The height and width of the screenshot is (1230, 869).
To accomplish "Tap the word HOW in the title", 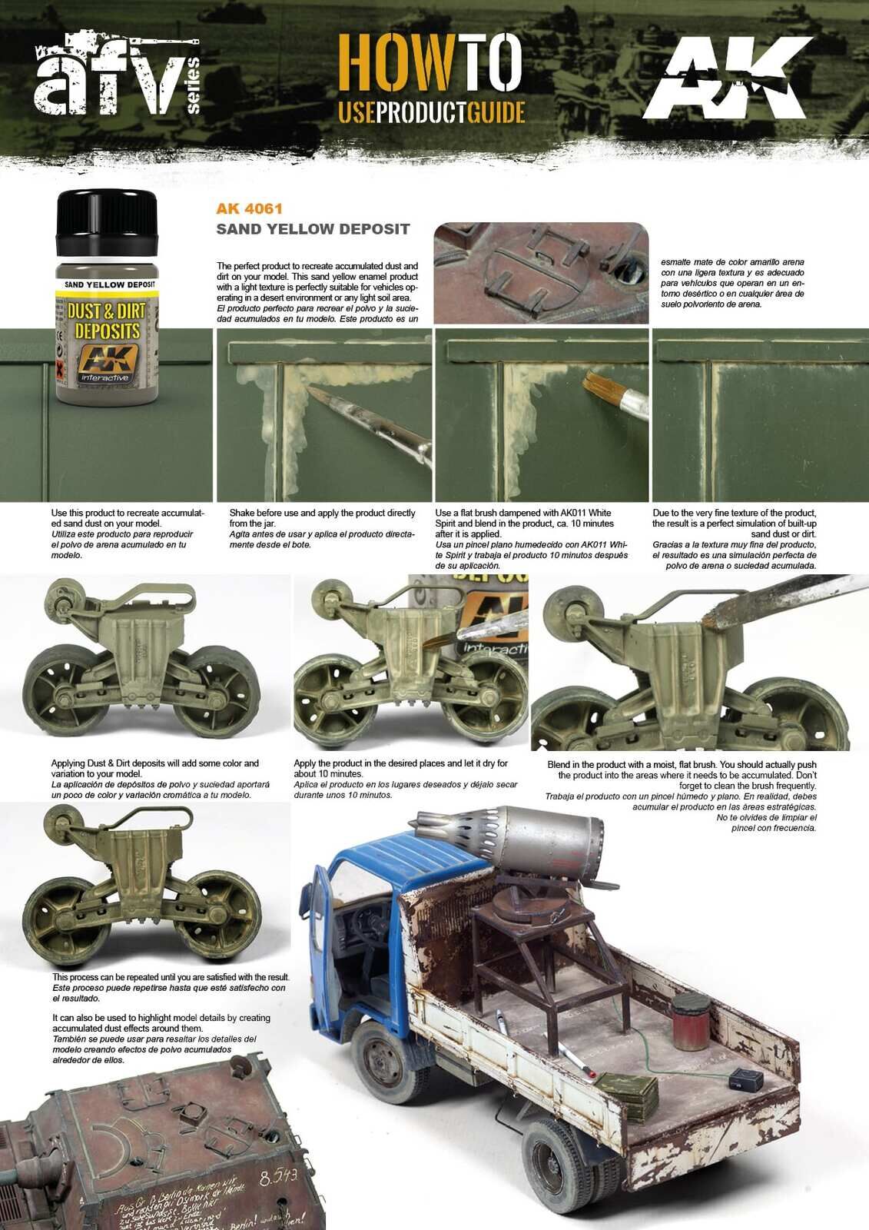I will (395, 63).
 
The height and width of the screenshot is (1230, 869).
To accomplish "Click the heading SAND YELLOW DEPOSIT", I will (313, 229).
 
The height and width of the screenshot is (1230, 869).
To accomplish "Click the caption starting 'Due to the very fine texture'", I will (735, 513).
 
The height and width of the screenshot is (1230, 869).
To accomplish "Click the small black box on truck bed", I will (745, 1080).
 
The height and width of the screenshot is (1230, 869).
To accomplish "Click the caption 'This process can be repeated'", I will (171, 977).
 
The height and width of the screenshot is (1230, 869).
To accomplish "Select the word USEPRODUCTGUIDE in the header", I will (432, 112).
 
